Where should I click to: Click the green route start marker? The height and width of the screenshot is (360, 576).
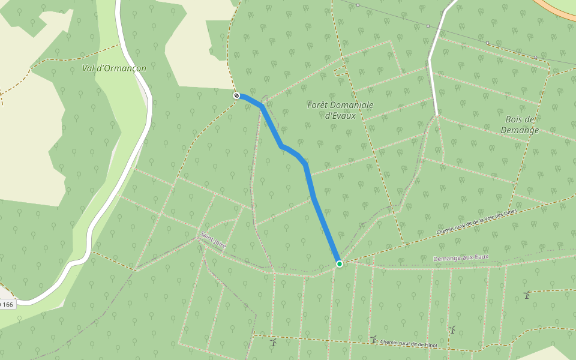(340, 264)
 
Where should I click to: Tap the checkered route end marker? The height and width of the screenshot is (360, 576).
(236, 95)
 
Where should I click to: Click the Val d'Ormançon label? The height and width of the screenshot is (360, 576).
(114, 68)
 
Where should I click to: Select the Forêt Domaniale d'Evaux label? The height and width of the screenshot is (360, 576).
(340, 110)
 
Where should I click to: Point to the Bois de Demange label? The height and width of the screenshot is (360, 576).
(520, 124)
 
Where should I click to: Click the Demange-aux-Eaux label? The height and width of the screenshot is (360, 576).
(461, 257)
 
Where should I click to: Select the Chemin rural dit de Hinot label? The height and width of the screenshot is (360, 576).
(409, 344)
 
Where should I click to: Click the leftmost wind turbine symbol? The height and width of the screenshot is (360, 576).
(274, 343)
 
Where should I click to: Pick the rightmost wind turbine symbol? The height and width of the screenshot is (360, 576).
(527, 295)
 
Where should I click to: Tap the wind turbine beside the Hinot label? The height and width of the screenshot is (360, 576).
(374, 340)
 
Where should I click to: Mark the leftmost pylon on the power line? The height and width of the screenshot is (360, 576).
(358, 5)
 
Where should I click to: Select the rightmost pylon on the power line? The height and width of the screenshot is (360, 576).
(535, 58)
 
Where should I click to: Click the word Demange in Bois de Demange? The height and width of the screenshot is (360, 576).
(520, 130)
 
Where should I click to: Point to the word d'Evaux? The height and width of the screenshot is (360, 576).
(340, 116)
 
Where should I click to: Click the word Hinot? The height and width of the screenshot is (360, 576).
(430, 345)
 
